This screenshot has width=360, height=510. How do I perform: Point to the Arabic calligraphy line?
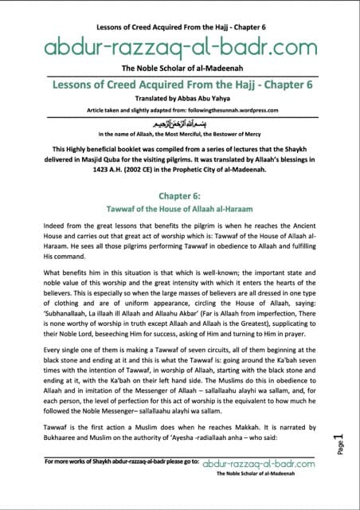[x=179, y=125]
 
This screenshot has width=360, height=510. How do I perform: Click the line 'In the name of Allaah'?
[x=179, y=136]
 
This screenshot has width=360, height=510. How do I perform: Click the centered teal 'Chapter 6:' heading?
[x=179, y=194]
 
